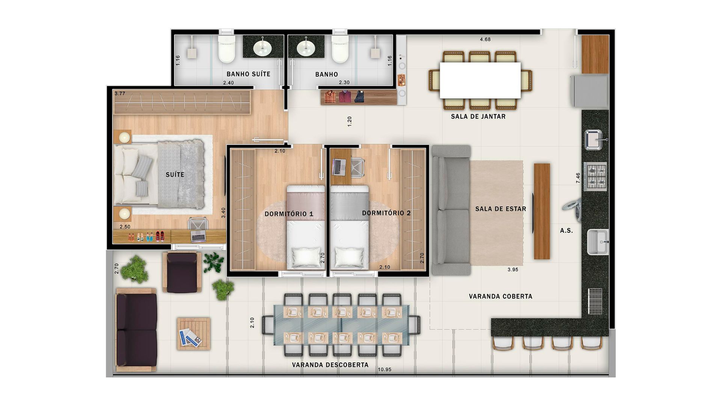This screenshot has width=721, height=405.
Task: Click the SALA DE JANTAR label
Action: coord(478,117)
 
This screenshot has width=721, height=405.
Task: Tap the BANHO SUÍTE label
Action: coord(248,74)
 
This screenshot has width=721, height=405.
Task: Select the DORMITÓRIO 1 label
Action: coord(289,214)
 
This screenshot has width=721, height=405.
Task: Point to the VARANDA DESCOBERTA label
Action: coord(330,365)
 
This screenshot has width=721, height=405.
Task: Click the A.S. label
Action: coord(566,231)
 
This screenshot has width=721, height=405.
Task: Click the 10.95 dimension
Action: coord(385,369)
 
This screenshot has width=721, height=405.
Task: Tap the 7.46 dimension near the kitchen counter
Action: coord(578,178)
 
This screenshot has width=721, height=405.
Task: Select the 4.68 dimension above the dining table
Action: coord(485,39)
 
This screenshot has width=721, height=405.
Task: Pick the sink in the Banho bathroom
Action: coord(306,47)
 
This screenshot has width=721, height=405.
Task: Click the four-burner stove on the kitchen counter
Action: coord(595,176)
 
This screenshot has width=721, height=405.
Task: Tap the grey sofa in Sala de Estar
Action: coord(451,210)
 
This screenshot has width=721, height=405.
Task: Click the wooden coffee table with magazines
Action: coord(194,334)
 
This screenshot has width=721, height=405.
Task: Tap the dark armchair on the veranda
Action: coord(182,272)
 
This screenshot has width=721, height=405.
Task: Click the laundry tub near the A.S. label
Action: coord(598,242)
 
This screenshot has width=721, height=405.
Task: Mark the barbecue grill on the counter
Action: coord(595,301)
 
